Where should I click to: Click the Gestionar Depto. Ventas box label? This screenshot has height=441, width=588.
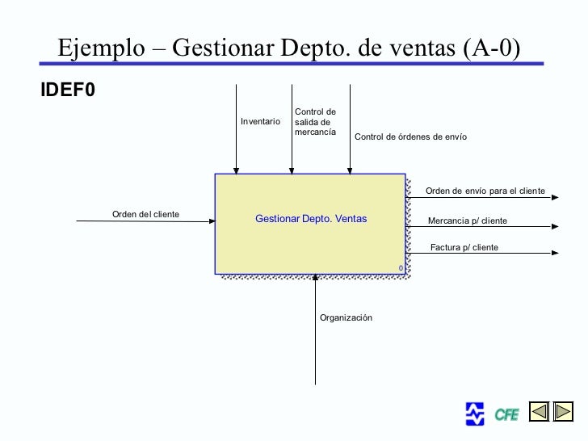311,219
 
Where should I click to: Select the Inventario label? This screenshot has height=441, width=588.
260,121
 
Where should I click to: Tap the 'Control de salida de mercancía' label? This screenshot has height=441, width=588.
315,121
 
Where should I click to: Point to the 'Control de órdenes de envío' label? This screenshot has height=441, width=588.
410,137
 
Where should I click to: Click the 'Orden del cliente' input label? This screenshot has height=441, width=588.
145,214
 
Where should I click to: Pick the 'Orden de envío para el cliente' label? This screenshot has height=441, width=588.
485,191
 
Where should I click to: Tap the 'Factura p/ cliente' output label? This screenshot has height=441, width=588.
464,247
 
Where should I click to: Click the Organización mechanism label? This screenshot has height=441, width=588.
346,318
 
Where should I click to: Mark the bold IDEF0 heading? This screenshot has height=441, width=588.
68,90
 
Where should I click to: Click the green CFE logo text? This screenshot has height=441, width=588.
506,415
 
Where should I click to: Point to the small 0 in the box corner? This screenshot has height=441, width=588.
400,267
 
